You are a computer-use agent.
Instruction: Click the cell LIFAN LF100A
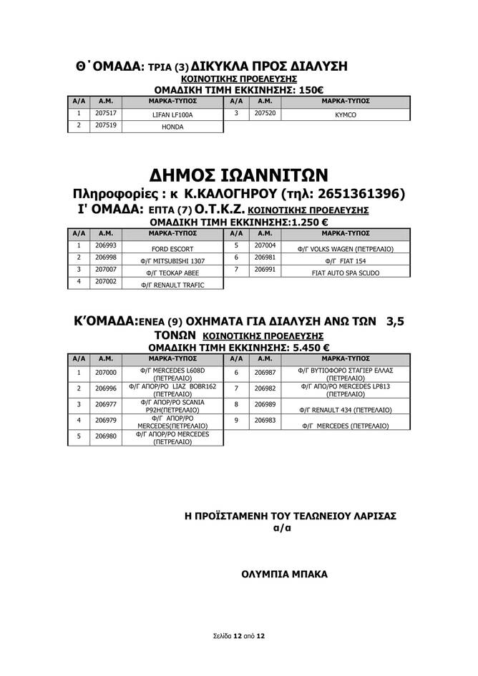pos(172,114)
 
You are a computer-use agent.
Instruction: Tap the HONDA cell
pos(172,127)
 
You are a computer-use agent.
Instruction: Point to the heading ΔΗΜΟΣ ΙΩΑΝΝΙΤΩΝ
pos(239,175)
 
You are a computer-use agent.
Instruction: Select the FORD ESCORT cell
pos(172,249)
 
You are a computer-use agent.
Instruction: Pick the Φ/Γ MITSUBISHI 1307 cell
pos(172,261)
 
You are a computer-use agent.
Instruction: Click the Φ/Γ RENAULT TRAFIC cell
pos(172,285)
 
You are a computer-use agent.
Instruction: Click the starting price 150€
pos(309,90)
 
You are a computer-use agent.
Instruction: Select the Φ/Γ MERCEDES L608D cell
pos(172,374)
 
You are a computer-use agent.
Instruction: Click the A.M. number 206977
pos(106,404)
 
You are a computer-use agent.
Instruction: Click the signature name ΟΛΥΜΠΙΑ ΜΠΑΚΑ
pos(284,574)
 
